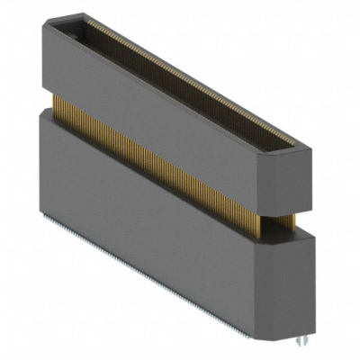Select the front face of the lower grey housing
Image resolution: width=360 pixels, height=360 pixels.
pyautogui.click(x=153, y=198)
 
